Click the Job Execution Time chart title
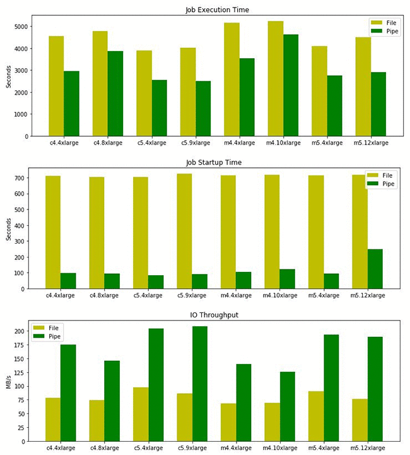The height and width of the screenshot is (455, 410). click(x=217, y=10)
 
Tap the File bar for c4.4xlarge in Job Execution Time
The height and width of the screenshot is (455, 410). click(x=56, y=86)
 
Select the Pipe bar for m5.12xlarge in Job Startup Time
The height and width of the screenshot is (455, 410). click(x=375, y=269)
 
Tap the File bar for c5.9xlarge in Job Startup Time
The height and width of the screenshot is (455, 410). click(x=184, y=231)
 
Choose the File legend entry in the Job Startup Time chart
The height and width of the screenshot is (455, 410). click(x=381, y=175)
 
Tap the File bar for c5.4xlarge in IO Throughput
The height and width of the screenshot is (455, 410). click(x=141, y=414)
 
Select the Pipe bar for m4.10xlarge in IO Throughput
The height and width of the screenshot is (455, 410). click(x=287, y=406)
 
